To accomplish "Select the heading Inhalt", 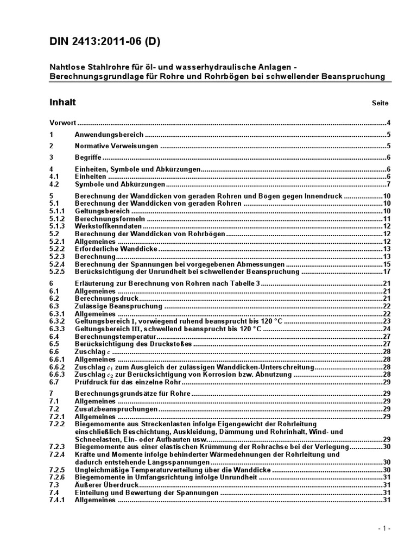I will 62,102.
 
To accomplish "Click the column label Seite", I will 380,103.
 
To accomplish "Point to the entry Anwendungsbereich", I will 109,135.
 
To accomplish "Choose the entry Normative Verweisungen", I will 116,146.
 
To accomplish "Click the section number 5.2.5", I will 57,271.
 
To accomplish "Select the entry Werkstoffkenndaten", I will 108,226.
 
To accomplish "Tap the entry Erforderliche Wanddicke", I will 116,248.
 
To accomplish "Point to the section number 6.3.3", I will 57,328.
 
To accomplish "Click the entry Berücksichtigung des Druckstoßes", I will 133,344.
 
